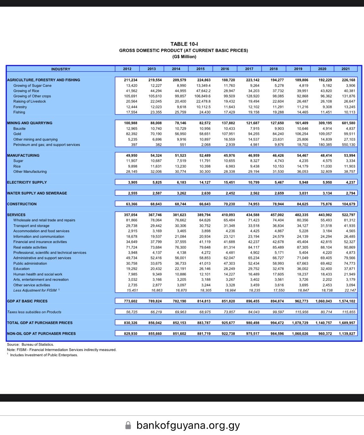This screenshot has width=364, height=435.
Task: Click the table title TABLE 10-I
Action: (184, 44)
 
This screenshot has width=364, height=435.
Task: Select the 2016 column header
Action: (225, 69)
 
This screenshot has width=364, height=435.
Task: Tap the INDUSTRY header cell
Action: (61, 69)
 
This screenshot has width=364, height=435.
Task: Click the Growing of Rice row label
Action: (26, 91)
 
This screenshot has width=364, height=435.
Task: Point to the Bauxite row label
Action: (19, 129)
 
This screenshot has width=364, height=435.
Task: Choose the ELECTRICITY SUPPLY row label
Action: (27, 182)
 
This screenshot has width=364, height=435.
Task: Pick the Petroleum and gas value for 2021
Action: (348, 145)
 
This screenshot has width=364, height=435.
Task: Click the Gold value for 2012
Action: (131, 134)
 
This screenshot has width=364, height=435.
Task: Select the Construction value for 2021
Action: (348, 204)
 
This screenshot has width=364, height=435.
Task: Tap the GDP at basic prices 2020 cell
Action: (324, 301)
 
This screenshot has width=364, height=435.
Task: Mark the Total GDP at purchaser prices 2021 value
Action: (347, 323)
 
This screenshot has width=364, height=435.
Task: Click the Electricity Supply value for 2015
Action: (205, 182)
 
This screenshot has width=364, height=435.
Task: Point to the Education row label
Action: (21, 269)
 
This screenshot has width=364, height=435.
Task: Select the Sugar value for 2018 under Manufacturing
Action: (278, 161)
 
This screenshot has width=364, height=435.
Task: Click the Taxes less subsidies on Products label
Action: (34, 312)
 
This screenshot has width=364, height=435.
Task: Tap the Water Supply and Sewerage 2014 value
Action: (181, 193)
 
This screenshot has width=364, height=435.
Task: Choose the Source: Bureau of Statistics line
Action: (30, 344)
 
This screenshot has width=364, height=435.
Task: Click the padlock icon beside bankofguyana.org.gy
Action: (128, 426)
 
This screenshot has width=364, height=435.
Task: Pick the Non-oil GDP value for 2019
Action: (300, 334)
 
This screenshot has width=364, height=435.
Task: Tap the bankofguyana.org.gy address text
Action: (188, 426)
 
